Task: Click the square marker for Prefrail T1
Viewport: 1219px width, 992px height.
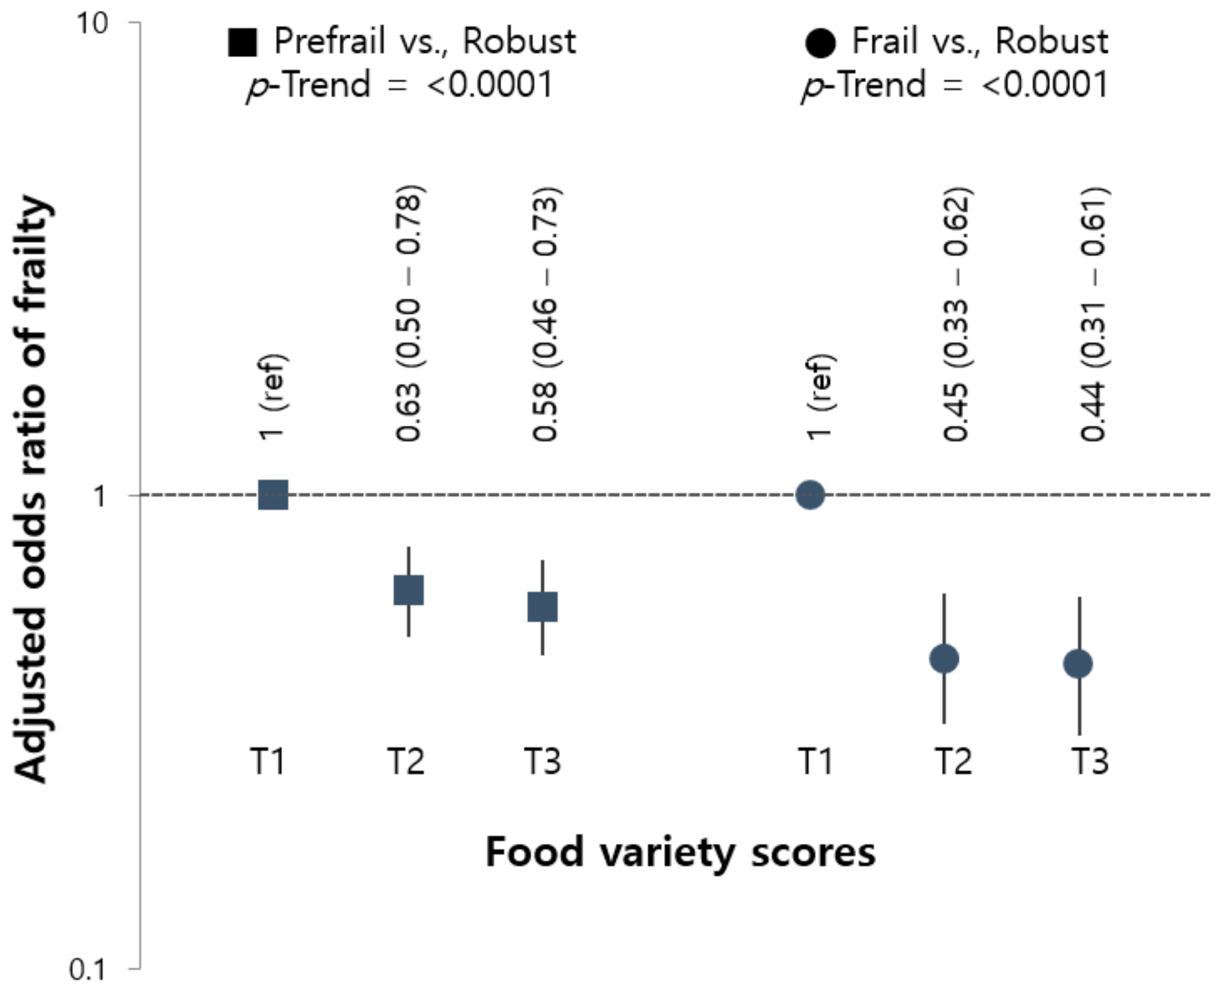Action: coord(273,495)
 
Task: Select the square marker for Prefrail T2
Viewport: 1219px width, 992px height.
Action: coord(409,590)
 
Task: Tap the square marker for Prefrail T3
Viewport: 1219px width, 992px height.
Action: coord(543,606)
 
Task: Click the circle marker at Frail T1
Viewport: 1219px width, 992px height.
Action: coord(810,494)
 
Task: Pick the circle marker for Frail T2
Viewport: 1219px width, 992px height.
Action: coord(944,658)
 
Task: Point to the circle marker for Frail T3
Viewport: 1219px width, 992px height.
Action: coord(1078,664)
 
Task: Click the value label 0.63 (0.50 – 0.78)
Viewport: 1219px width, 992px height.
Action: coord(410,313)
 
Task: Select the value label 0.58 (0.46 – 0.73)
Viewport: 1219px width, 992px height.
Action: coord(545,313)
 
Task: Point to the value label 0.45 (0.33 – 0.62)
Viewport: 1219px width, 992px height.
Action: coord(956,313)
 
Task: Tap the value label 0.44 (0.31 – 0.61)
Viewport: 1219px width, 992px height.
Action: coord(1093,313)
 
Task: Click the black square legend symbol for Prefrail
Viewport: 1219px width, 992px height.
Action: coord(243,42)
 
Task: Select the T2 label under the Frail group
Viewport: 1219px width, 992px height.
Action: coord(953,761)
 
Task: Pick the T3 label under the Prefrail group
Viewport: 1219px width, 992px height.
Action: coord(543,761)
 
